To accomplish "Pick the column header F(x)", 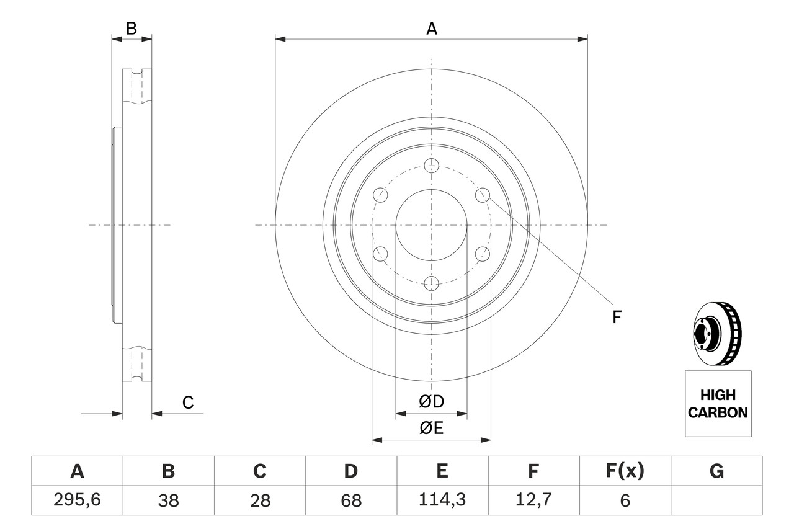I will tap(624, 472).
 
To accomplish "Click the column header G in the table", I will tap(716, 472).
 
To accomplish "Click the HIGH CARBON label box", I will tap(718, 404).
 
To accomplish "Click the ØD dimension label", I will tap(432, 402).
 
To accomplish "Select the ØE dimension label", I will tap(432, 429).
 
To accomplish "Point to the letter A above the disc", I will tap(432, 29).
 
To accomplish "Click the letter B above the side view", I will tap(131, 29).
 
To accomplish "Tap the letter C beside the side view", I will tap(188, 402).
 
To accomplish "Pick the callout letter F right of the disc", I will tap(616, 317).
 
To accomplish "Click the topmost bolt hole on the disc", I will tap(432, 166).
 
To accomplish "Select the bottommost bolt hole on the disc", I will tap(432, 283).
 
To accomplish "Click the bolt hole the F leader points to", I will tap(483, 195).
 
